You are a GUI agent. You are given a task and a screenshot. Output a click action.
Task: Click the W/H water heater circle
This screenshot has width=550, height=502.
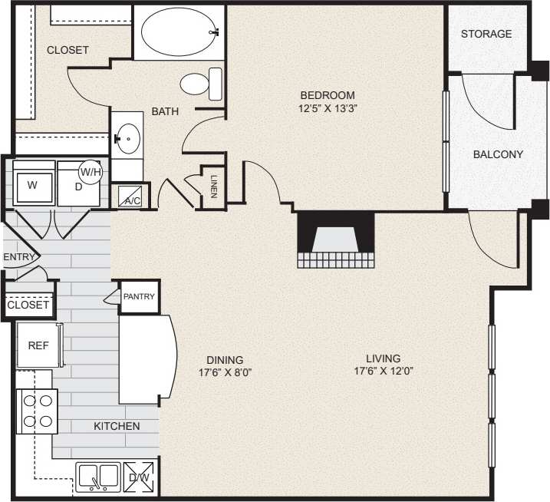click(91, 172)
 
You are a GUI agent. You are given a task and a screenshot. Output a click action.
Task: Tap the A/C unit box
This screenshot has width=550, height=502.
click(130, 197)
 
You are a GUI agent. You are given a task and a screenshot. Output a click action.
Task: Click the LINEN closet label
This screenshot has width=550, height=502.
click(213, 186)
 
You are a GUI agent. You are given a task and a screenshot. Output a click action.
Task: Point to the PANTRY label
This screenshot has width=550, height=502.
click(140, 297)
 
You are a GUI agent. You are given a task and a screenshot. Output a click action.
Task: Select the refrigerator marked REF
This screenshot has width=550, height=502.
click(38, 346)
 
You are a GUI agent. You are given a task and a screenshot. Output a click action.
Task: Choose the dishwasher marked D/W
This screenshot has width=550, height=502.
click(140, 477)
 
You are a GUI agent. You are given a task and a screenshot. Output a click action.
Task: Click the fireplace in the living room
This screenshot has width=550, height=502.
click(335, 239)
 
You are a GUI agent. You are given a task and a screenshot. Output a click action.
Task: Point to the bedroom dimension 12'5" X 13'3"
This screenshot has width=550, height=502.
click(328, 108)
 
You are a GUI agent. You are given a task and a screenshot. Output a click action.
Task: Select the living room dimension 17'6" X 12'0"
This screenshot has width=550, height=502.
click(383, 372)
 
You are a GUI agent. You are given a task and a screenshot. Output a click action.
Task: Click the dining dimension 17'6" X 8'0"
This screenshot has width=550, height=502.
click(225, 372)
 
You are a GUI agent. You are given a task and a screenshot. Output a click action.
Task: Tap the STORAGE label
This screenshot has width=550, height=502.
click(486, 35)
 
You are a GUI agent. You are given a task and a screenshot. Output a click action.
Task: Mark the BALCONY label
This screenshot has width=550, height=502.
click(498, 154)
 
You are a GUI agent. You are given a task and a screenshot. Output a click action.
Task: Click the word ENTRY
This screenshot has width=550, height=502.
click(19, 257)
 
